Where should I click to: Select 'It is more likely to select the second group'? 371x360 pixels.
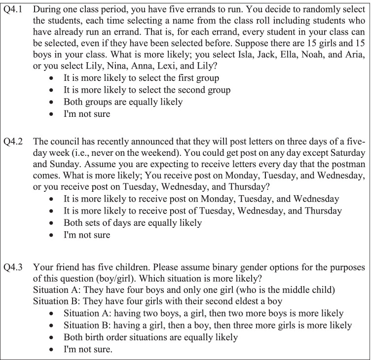click(147, 90)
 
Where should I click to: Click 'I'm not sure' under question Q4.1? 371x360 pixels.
click(87, 114)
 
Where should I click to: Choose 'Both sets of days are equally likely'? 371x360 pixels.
click(133, 223)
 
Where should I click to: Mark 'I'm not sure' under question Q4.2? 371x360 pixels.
click(87, 235)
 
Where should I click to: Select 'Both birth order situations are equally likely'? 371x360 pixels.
click(150, 338)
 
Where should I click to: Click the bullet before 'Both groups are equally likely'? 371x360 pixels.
click(53, 102)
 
